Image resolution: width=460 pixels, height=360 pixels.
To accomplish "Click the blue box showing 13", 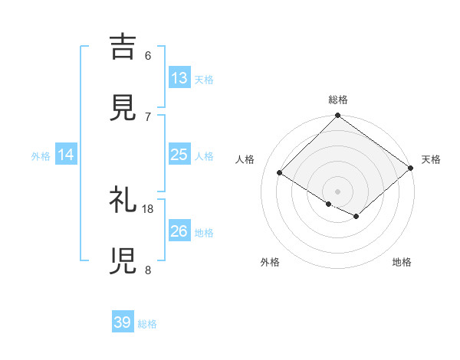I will coord(179,77).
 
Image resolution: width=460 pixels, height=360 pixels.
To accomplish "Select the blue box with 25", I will coord(179,155).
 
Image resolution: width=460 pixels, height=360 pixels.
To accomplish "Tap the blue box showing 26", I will coord(179,231).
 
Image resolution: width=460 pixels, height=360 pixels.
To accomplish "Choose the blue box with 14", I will coord(66,155).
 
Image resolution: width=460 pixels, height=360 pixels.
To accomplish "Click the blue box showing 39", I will coord(123,322).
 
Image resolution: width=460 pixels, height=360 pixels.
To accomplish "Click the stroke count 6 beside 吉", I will coord(148,56).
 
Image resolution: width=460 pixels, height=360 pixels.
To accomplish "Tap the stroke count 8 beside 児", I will coord(148,270).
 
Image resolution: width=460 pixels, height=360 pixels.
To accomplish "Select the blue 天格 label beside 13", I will coord(203,79).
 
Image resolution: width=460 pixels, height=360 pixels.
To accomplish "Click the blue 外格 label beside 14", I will coord(41,155).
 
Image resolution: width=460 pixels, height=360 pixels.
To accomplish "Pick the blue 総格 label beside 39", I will coord(147,324).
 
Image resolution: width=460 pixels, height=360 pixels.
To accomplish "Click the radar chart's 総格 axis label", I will coord(338,100).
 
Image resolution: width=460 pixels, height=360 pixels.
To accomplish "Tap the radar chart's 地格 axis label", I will coord(402,262).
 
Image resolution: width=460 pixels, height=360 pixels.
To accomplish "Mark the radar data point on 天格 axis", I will coord(411,169).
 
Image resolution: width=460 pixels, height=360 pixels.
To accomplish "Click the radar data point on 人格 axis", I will coord(280,173).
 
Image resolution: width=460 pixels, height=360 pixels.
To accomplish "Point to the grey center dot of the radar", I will coord(338,191).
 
